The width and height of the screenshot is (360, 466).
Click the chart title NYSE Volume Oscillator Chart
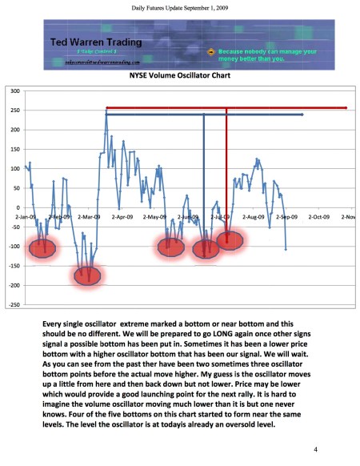[179, 78]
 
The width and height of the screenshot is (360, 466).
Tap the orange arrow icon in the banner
[210, 51]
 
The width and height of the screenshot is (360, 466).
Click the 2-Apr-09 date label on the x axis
[124, 216]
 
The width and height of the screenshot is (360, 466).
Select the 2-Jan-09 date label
[26, 216]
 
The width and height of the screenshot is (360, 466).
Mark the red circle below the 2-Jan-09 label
[42, 248]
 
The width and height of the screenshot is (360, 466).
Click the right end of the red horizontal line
[346, 107]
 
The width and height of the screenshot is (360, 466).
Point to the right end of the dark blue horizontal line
[302, 115]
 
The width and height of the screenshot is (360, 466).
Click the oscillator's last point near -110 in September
[286, 249]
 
